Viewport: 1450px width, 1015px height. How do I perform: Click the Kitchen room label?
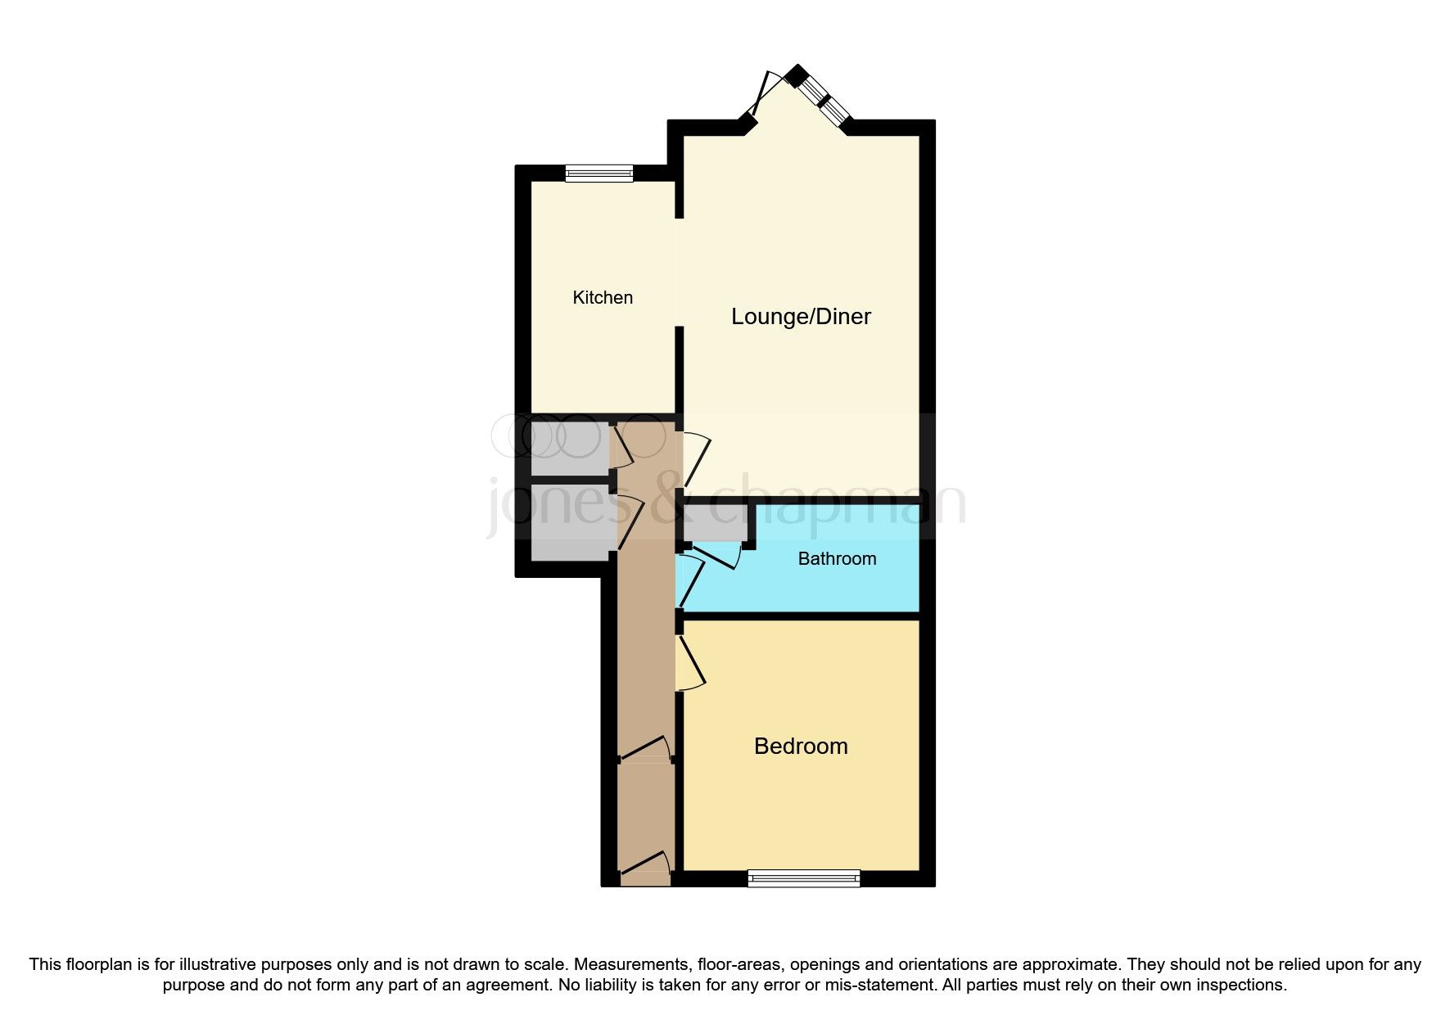point(603,298)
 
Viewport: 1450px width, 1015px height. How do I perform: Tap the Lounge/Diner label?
point(801,317)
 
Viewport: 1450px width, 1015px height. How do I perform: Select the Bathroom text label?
point(837,559)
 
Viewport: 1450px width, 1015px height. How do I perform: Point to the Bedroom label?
point(801,747)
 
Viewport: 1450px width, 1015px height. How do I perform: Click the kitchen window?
point(599,173)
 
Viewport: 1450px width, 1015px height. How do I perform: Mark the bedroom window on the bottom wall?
point(804,878)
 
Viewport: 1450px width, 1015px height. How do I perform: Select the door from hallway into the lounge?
point(694,458)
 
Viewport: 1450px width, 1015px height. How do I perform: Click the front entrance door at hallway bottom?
point(645,866)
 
